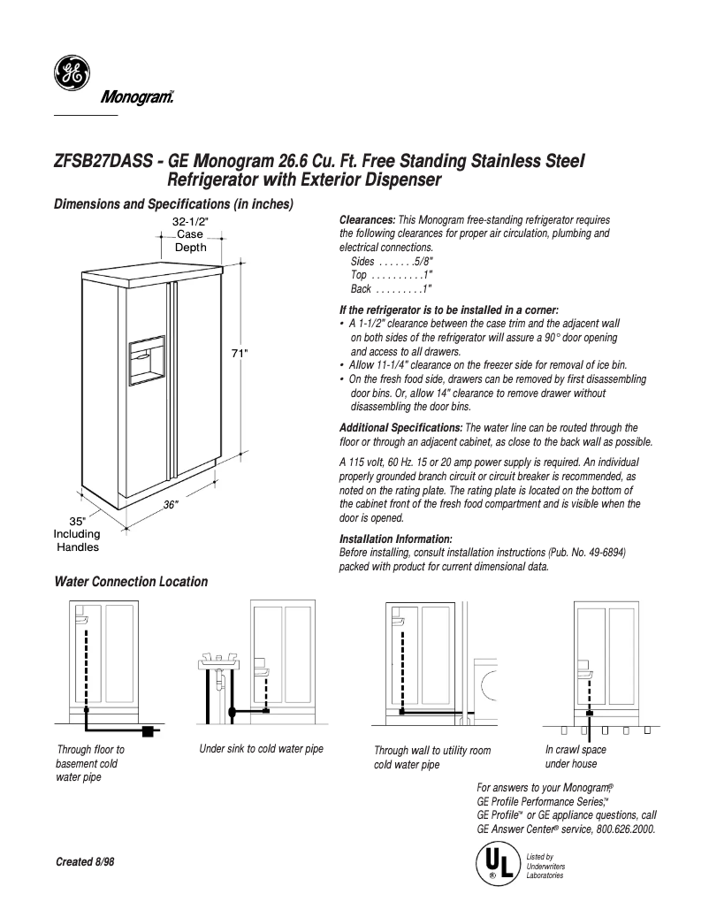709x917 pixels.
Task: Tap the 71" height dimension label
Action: coord(240,353)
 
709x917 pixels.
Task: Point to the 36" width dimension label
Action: coord(171,505)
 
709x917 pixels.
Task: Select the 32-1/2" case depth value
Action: coord(190,221)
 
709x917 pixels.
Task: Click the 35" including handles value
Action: coord(77,521)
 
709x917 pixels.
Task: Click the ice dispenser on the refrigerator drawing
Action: coord(147,359)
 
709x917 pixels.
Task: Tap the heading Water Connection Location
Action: coord(131,582)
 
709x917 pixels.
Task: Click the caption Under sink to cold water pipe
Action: coord(261,749)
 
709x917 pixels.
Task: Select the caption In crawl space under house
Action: coord(576,757)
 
